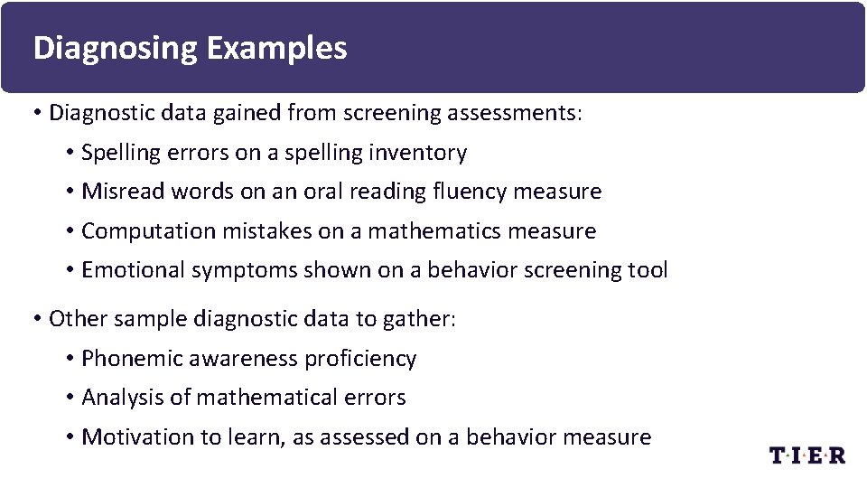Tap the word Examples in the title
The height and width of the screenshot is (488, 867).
(x=276, y=48)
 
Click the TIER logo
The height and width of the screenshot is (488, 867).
(x=807, y=455)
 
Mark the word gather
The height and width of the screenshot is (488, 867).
(x=424, y=319)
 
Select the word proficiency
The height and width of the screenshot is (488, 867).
(x=360, y=359)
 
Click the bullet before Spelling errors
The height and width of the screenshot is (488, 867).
(x=70, y=153)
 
